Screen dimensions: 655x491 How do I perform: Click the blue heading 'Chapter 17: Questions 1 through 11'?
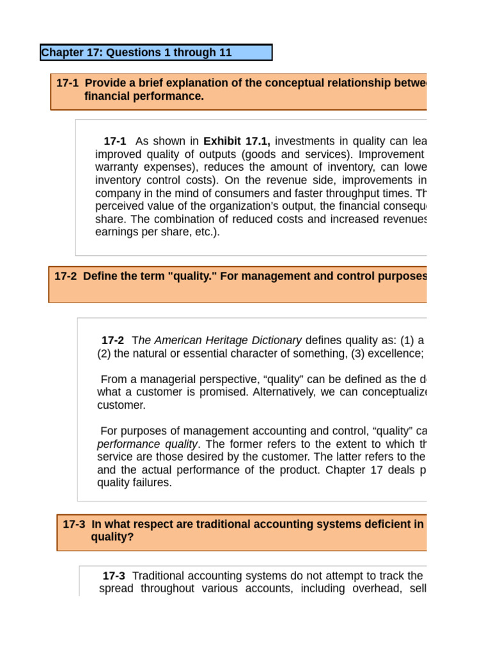[136, 52]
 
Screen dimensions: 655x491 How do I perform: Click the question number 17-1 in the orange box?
[67, 83]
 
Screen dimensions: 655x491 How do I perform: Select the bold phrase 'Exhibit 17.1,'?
[237, 141]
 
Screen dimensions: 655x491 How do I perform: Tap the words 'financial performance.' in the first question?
[144, 97]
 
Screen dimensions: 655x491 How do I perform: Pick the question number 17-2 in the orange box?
[66, 276]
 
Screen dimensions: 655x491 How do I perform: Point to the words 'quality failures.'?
[134, 483]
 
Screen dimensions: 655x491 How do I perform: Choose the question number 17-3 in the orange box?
[74, 525]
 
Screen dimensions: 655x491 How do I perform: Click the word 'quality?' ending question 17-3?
[113, 537]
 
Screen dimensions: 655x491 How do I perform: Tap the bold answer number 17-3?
[114, 576]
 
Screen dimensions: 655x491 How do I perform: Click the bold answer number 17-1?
[115, 141]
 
